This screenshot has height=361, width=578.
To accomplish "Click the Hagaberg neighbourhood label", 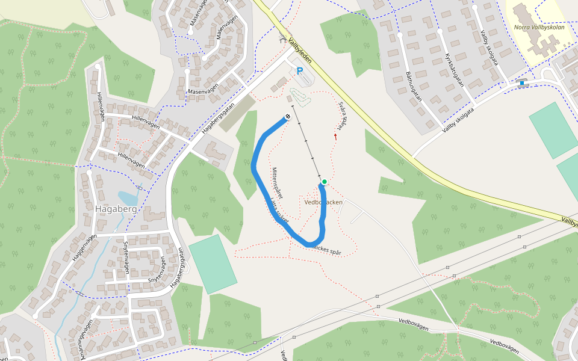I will click(116, 209).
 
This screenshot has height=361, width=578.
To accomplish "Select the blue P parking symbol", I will click(300, 72).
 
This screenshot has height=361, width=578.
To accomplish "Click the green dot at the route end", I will click(325, 182).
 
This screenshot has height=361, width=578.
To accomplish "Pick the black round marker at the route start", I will click(288, 117).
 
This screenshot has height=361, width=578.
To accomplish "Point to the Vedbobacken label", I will click(323, 202).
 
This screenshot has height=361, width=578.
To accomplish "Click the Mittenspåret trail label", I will click(278, 182).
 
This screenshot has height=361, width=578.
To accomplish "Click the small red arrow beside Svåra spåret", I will click(335, 137).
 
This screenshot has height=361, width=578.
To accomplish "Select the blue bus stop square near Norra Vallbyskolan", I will click(521, 84).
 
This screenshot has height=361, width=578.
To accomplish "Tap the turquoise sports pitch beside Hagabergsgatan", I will click(213, 264).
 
